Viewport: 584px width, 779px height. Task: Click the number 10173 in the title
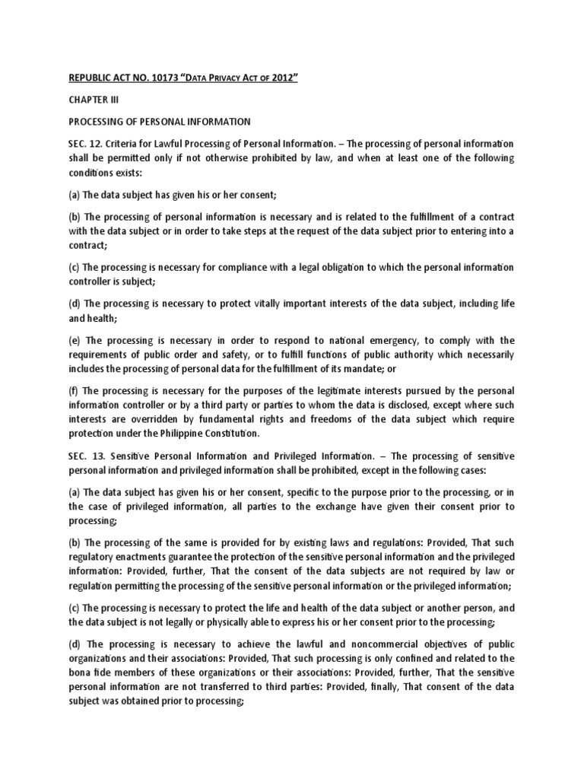click(157, 77)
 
